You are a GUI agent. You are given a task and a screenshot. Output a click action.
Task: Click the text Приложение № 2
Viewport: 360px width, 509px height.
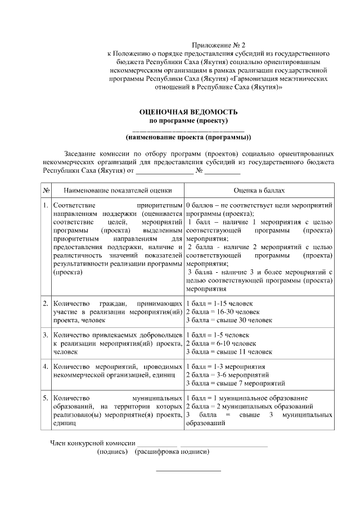219,44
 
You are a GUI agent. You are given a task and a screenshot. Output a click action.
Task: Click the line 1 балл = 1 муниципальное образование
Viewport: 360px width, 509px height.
246,398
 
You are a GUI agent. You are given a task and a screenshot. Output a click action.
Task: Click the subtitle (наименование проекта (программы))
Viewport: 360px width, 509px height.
188,137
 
